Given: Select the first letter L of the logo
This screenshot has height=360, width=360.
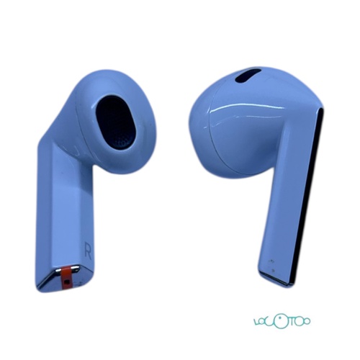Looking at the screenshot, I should [x=258, y=321].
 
